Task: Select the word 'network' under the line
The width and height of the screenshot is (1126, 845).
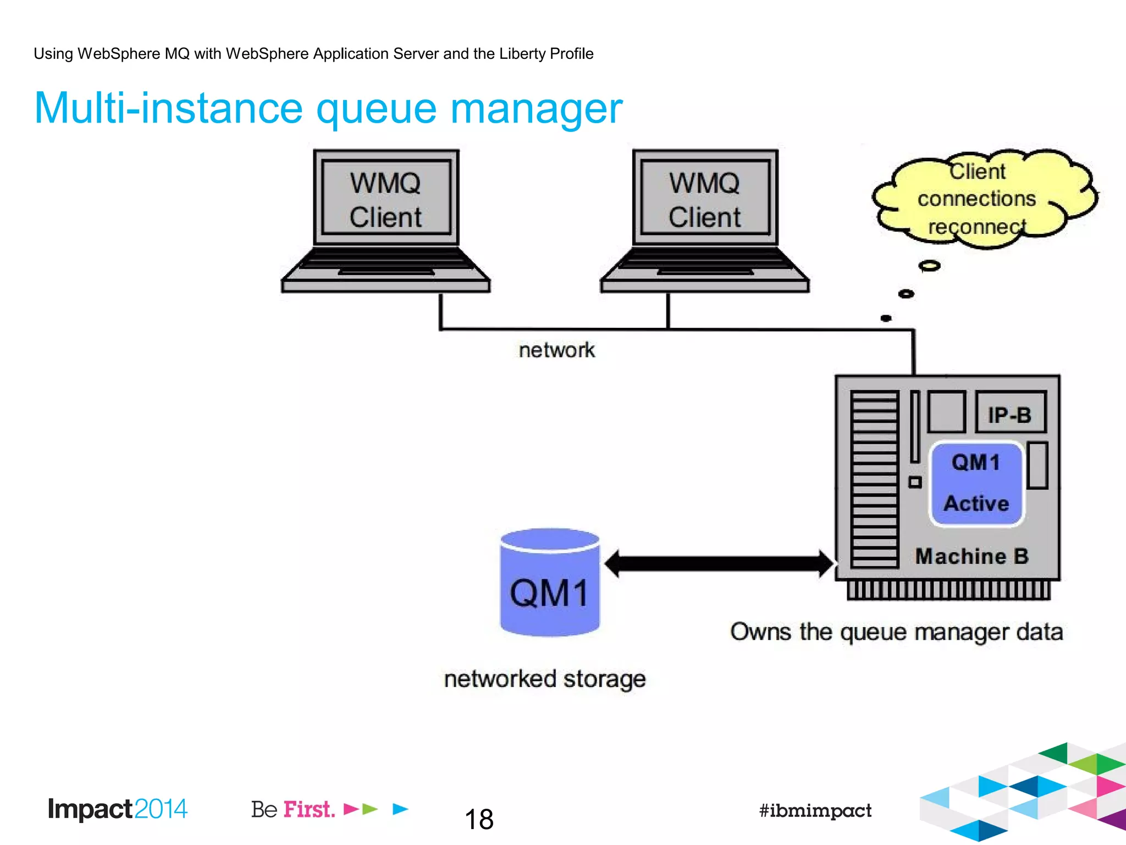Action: coord(556,350)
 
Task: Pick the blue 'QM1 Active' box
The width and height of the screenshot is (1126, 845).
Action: coord(976,483)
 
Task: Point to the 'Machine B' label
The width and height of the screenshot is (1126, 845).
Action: coord(972,556)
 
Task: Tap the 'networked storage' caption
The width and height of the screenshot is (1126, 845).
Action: coord(545,679)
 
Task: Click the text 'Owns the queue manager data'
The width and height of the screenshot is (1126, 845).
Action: coord(896,632)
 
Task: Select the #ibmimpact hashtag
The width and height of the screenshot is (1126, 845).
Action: coord(815,810)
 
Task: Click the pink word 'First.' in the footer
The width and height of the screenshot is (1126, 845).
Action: coord(309,809)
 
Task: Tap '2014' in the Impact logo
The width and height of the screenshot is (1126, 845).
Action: coord(161,809)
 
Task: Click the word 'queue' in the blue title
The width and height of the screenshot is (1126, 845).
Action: coord(377,108)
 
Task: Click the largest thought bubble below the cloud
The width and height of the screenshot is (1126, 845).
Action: coord(929,266)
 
